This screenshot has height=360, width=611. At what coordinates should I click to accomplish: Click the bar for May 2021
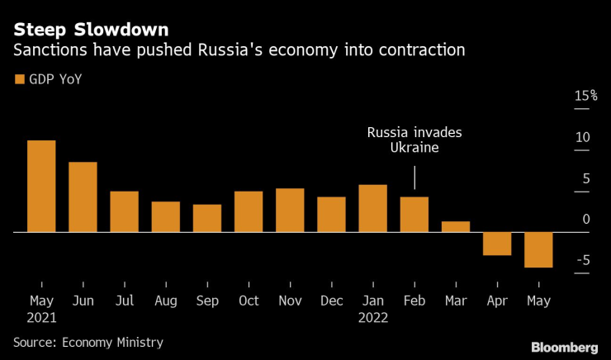click(41, 187)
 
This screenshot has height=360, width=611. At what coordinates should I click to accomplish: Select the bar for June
click(83, 197)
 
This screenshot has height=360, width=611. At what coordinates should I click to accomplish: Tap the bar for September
click(207, 219)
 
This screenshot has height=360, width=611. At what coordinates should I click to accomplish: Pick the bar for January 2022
click(373, 209)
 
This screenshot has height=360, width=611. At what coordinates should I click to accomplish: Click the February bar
click(414, 215)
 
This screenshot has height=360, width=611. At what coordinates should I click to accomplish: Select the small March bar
click(456, 227)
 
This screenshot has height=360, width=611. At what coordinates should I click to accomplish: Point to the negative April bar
click(497, 244)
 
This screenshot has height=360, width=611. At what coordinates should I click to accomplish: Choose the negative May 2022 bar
click(538, 250)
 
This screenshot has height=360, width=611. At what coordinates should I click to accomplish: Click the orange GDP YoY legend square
click(19, 79)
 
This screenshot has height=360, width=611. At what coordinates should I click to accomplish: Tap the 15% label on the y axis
click(585, 97)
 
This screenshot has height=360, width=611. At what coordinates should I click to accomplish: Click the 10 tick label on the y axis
click(582, 137)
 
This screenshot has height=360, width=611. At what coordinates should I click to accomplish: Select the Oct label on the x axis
click(249, 301)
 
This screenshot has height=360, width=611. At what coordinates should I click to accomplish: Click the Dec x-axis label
click(331, 301)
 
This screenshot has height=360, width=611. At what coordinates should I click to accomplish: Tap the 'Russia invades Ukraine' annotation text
click(414, 140)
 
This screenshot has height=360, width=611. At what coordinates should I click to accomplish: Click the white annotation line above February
click(414, 178)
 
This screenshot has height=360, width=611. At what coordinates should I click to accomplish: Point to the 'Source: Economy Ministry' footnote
click(88, 342)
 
